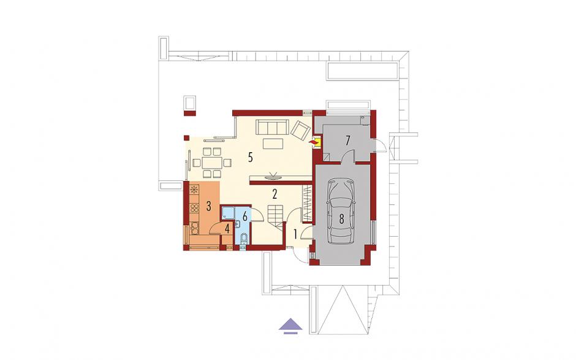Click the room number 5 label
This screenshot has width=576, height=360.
[x=250, y=157]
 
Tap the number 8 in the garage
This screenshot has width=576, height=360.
[x=341, y=219]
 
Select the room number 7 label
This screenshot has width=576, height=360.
[x=347, y=140]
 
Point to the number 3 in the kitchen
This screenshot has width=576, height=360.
[x=209, y=206]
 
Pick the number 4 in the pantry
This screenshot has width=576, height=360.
[x=227, y=229]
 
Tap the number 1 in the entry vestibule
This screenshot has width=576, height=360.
[x=296, y=234]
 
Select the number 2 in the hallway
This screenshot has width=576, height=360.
[x=275, y=194]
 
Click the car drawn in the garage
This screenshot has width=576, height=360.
[x=341, y=212]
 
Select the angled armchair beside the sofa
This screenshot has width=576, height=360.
[x=301, y=130]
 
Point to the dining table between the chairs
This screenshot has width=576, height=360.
[x=211, y=162]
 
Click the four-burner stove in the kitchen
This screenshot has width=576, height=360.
[x=194, y=208]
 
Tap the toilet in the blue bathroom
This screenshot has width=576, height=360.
[x=243, y=239]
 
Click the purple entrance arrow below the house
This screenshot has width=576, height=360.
[x=290, y=326]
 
